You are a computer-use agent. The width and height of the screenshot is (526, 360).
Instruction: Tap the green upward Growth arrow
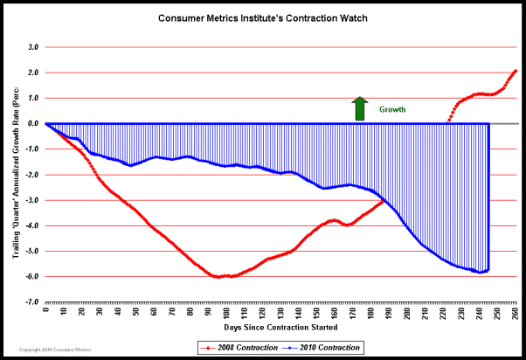tap(358, 108)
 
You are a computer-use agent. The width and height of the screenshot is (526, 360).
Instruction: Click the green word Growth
tap(391, 110)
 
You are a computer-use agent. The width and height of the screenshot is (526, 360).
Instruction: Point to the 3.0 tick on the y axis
tap(33, 47)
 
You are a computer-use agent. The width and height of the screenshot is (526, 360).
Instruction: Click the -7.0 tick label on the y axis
tap(31, 302)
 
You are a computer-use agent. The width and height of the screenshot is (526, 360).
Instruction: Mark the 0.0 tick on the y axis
tap(33, 123)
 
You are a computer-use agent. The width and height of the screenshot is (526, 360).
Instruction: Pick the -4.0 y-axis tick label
tap(31, 225)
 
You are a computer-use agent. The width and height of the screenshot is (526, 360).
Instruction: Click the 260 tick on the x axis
tap(516, 310)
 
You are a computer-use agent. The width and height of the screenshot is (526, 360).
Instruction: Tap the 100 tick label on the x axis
tap(226, 310)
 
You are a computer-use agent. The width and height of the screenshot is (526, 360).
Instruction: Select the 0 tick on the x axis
tap(45, 310)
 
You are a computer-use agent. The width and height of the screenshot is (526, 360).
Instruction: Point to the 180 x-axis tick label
tap(371, 310)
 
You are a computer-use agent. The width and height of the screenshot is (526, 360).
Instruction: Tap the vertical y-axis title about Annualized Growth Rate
tap(11, 175)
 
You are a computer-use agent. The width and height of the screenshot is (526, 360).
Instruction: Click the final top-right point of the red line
tap(516, 70)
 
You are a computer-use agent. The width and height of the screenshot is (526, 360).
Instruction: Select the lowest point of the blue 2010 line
tap(479, 272)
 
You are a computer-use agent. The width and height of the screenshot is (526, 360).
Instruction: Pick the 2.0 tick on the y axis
tap(33, 73)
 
